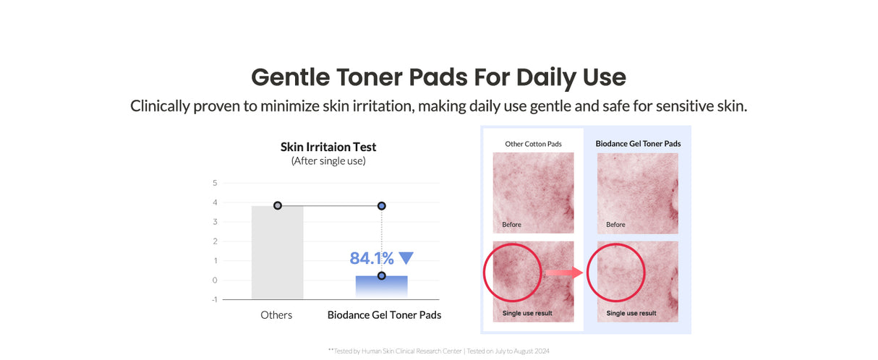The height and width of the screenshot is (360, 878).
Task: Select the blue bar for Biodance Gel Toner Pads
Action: pos(381,286)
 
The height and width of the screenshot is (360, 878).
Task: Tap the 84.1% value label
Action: pos(372,258)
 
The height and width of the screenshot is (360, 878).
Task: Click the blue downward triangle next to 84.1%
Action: pos(406,258)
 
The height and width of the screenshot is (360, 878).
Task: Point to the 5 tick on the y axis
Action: pos(215,183)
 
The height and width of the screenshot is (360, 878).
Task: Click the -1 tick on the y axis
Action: pos(214,299)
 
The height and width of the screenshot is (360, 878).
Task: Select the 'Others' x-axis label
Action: pos(276,315)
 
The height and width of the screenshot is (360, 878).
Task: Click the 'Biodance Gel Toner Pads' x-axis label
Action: pos(384,315)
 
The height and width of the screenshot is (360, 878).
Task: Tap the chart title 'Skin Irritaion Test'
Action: pos(328,147)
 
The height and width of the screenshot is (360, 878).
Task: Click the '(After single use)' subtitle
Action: pos(328,161)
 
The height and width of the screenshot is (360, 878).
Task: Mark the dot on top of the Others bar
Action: pos(278,206)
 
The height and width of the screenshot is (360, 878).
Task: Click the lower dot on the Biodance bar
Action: pos(381,275)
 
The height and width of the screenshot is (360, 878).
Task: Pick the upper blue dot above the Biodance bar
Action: pos(381,206)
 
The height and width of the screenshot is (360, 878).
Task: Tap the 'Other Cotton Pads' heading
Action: pos(533,144)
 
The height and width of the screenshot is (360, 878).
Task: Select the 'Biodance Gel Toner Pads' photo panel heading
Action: pos(638,144)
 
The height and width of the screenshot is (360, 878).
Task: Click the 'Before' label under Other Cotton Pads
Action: pos(511,225)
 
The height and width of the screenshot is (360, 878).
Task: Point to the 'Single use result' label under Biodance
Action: pos(631,313)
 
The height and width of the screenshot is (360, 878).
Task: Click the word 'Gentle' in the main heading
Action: pos(290,77)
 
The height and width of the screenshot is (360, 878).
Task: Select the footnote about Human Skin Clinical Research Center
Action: pos(439,351)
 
